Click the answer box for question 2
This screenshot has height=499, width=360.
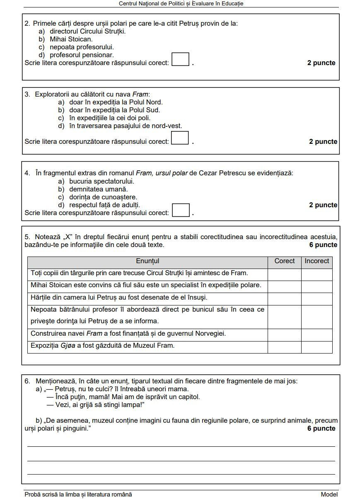(x=180, y=59)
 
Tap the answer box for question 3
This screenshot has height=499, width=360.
(x=180, y=138)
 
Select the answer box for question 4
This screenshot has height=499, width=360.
(x=181, y=210)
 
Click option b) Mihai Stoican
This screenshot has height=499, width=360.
(x=71, y=39)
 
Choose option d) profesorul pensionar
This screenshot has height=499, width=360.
(x=82, y=55)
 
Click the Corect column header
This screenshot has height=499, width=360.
(x=285, y=261)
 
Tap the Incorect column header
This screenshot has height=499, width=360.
(x=317, y=261)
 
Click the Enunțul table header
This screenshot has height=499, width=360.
(x=147, y=261)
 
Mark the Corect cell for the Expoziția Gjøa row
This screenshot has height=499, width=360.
(x=285, y=346)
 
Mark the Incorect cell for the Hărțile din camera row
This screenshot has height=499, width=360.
(x=317, y=298)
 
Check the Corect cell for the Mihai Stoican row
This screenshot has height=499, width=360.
(x=285, y=286)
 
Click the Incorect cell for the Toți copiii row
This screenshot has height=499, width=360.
(x=317, y=274)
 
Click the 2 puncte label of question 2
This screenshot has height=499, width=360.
(x=321, y=63)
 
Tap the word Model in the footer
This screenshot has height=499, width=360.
(x=329, y=494)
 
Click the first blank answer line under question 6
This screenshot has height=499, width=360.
(x=181, y=446)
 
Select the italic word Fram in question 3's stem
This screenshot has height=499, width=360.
(x=140, y=94)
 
